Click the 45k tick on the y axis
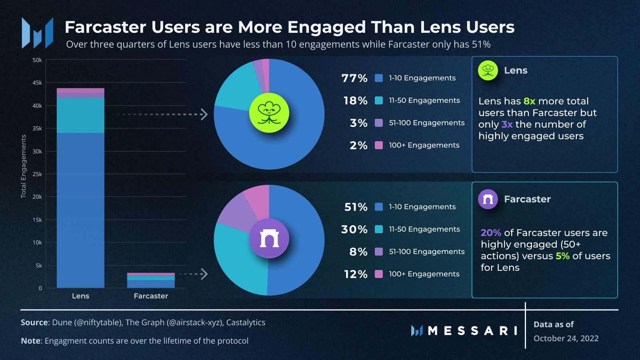[x=37, y=83]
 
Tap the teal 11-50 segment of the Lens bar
[x=80, y=115]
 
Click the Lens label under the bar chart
[x=80, y=296]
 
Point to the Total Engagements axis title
[x=24, y=166]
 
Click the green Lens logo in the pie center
[x=269, y=113]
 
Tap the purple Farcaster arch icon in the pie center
[x=269, y=238]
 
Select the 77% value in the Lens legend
[x=354, y=78]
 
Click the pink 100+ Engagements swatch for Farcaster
[x=379, y=274]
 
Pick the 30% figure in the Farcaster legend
[x=354, y=229]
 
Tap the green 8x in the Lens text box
[x=529, y=101]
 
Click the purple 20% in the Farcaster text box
[x=491, y=233]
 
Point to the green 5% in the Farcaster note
[x=562, y=256]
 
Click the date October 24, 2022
[x=566, y=338]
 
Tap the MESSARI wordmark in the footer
[x=472, y=331]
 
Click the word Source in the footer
[x=34, y=322]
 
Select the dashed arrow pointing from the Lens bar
[x=160, y=114]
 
